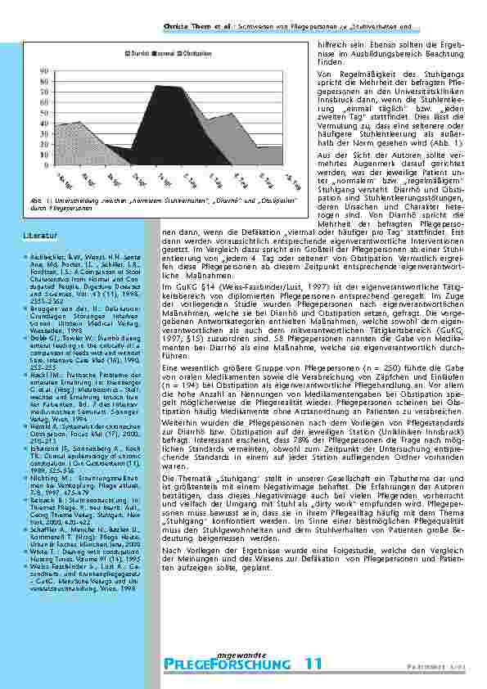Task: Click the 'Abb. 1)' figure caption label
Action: point(36,200)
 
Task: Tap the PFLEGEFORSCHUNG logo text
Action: point(227,664)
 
